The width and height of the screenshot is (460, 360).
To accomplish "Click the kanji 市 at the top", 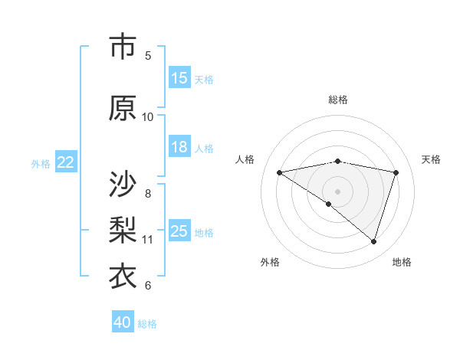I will click(123, 47).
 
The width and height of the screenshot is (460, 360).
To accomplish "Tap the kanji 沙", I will click(123, 184).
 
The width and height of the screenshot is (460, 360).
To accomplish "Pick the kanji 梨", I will click(123, 230).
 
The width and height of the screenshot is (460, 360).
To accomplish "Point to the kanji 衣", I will click(123, 277).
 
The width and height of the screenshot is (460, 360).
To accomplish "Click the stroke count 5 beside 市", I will click(148, 56).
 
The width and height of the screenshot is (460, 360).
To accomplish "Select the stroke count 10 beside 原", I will click(148, 117).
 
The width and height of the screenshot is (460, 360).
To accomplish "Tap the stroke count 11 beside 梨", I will click(148, 240).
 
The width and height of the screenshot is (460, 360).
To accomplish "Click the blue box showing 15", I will click(179, 78).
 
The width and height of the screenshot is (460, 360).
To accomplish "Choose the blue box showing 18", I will click(179, 147).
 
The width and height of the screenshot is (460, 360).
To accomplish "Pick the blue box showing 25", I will click(179, 231).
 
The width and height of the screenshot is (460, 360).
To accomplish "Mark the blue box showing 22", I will click(66, 162).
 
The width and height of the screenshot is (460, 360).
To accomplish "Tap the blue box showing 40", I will click(123, 322).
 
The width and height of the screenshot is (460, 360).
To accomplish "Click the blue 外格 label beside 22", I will click(41, 163).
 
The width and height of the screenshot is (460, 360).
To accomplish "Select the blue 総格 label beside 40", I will click(147, 324).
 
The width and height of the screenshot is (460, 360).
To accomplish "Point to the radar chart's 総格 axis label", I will click(337, 100).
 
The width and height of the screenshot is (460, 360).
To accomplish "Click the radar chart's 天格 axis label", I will click(431, 159).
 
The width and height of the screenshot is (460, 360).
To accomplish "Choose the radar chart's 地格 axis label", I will click(402, 262).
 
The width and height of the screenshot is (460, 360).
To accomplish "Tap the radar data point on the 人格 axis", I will click(280, 172).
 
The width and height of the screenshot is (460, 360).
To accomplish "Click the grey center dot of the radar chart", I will click(337, 191).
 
